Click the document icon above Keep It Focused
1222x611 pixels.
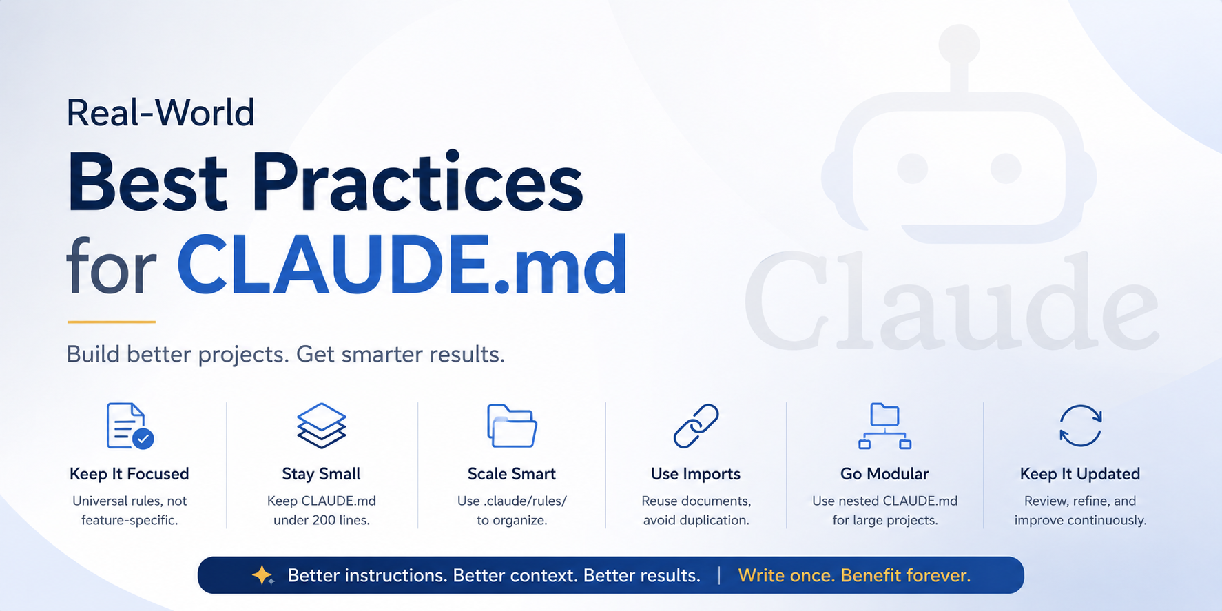point(130,426)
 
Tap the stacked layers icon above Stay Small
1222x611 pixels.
point(321,426)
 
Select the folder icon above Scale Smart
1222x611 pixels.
point(512,426)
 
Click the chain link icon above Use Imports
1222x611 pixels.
point(696,426)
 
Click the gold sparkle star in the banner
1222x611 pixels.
point(262,575)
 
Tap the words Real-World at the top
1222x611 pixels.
point(160,112)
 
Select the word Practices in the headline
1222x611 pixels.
point(417,183)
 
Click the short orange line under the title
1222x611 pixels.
point(112,322)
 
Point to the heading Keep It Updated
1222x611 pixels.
point(1080,474)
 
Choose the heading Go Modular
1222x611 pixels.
point(884,474)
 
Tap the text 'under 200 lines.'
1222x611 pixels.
point(322,520)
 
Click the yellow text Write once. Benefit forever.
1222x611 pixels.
point(854,575)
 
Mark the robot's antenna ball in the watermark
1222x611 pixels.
point(959,43)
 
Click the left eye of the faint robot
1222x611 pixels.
point(913,169)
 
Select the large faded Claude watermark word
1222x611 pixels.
point(953,300)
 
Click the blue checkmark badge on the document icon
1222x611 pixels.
point(143,438)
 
